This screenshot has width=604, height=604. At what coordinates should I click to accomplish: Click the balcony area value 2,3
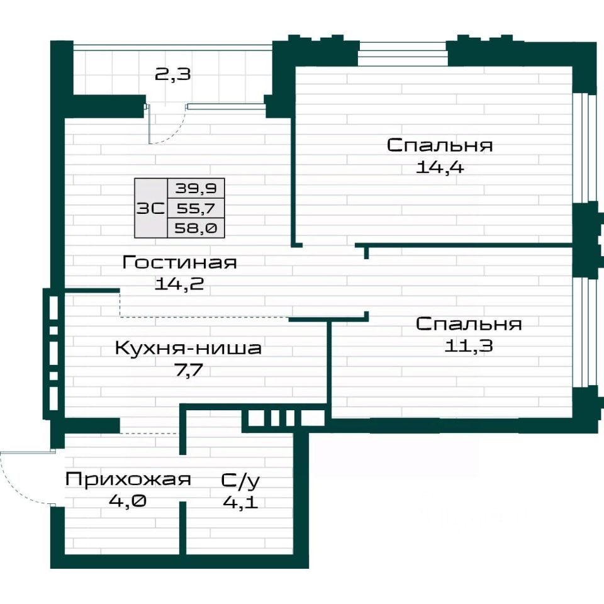pyautogui.click(x=172, y=74)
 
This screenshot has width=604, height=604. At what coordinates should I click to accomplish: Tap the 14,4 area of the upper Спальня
pyautogui.click(x=440, y=167)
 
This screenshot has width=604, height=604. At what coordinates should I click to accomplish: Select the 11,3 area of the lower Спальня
pyautogui.click(x=468, y=346)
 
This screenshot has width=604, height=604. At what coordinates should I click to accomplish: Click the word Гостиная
pyautogui.click(x=179, y=262)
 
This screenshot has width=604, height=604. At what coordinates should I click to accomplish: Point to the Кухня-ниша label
pyautogui.click(x=188, y=348)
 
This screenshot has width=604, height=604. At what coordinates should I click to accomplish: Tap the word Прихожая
pyautogui.click(x=128, y=479)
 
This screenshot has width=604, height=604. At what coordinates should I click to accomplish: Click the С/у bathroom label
pyautogui.click(x=241, y=480)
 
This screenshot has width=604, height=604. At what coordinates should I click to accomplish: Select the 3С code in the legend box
pyautogui.click(x=150, y=208)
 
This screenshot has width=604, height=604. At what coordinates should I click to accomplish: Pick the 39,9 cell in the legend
pyautogui.click(x=196, y=188)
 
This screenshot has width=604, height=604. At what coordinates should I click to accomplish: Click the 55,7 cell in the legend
pyautogui.click(x=196, y=208)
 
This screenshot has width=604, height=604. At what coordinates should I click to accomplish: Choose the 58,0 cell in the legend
pyautogui.click(x=196, y=228)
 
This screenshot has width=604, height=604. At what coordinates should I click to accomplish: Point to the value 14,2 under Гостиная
pyautogui.click(x=179, y=284)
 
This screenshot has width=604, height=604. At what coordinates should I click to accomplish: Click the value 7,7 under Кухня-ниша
pyautogui.click(x=188, y=370)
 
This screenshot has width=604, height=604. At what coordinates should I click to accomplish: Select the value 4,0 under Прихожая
pyautogui.click(x=128, y=501)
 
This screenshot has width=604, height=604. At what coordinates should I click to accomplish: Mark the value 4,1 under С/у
pyautogui.click(x=241, y=502)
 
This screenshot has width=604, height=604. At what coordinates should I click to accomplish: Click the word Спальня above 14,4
pyautogui.click(x=440, y=145)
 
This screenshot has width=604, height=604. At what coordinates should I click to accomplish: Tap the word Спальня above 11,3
pyautogui.click(x=469, y=324)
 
